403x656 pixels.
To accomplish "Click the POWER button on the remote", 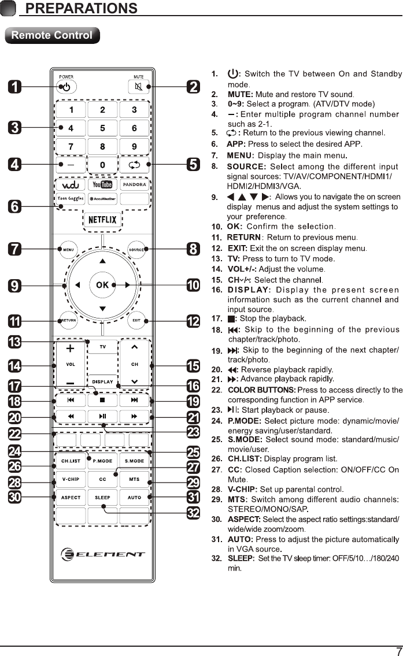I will point(66,87).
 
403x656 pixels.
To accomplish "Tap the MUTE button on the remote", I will point(138,87).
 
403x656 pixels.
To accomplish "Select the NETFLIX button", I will point(102,220).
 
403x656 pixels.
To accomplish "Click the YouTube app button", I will point(102,184).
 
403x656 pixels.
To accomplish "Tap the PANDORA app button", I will point(134,184).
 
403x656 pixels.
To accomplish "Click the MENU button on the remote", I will point(67,250).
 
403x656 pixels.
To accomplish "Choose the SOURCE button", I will point(136,250).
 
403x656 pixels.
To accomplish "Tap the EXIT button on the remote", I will point(136,320).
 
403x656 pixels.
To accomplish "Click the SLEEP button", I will point(102,497).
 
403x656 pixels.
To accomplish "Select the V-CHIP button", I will point(71,479).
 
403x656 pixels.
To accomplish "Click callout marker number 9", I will point(15,286).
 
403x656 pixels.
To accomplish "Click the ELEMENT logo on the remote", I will point(102,554).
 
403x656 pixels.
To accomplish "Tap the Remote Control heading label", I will point(52,35).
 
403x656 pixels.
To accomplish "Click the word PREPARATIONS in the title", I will point(82,8).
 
